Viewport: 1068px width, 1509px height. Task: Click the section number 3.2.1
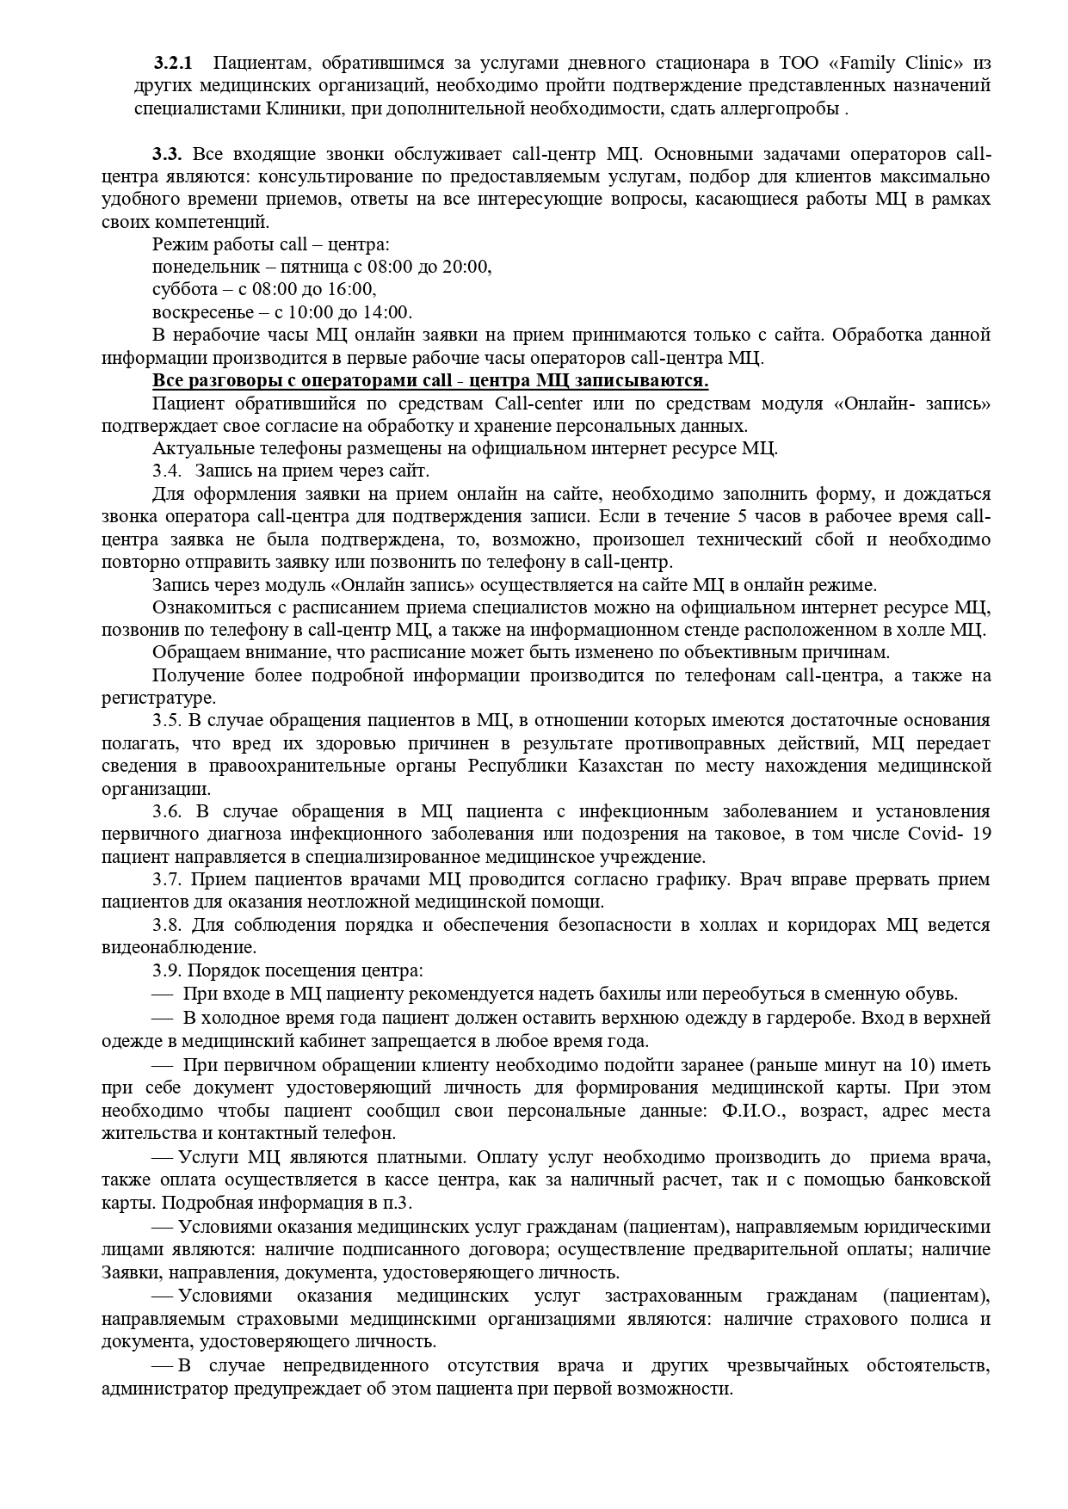(x=174, y=63)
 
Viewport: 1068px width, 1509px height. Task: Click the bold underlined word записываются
(x=646, y=380)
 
